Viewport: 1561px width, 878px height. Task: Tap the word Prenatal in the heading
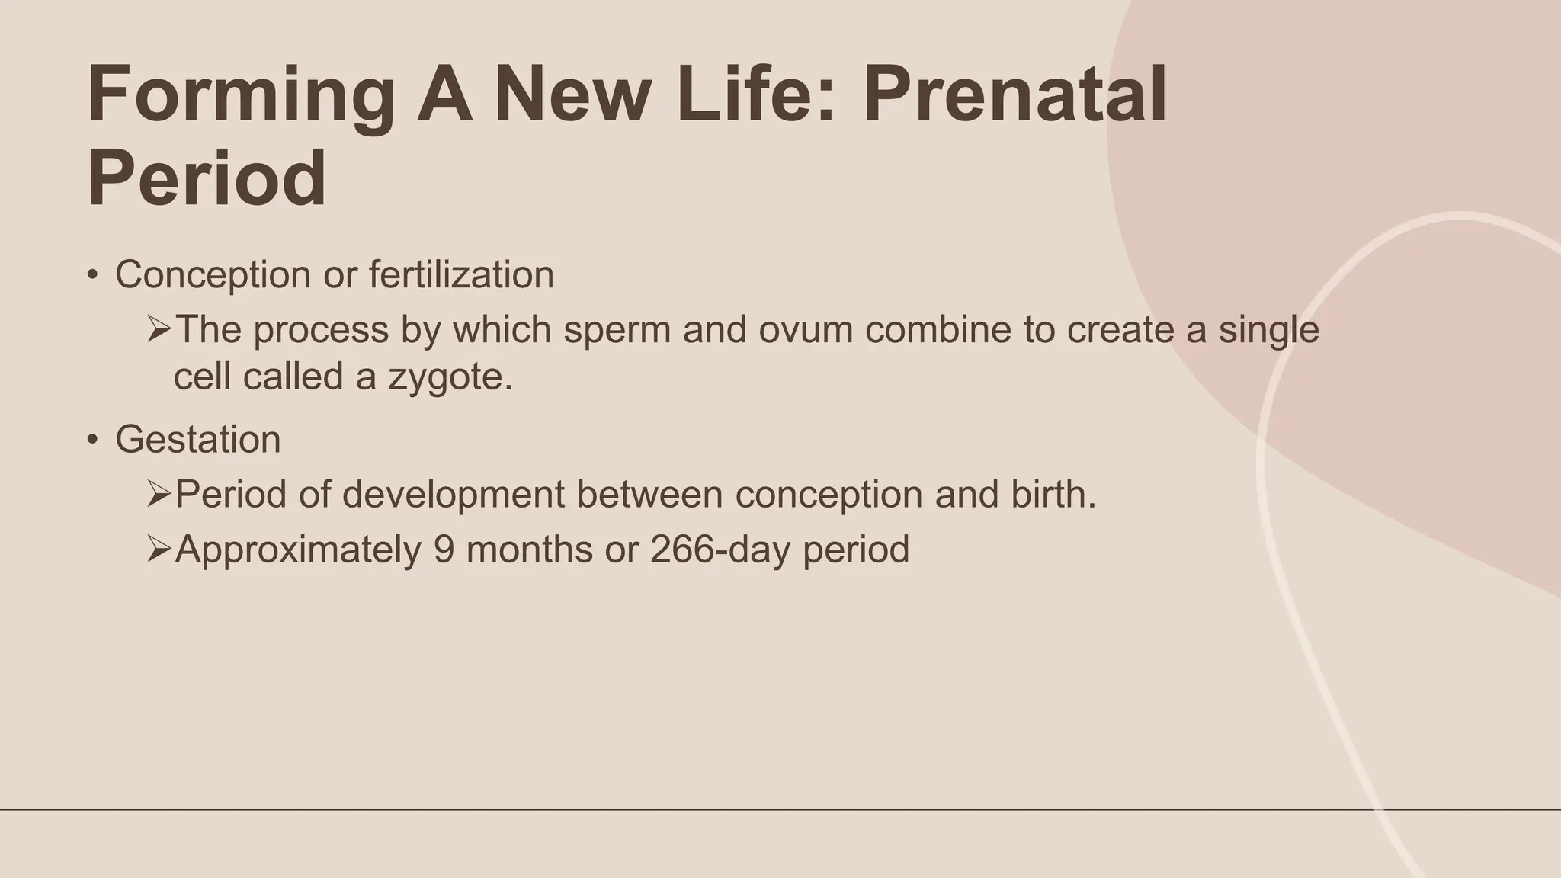click(1014, 95)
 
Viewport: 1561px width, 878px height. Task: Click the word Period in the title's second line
click(207, 178)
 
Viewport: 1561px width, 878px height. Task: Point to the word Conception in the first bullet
click(213, 275)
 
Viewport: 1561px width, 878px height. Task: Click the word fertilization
click(461, 274)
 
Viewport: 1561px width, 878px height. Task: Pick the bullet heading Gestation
click(197, 440)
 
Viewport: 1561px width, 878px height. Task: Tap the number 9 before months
click(444, 550)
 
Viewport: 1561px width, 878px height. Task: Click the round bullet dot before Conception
click(92, 275)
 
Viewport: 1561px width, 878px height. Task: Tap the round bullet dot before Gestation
click(92, 440)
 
